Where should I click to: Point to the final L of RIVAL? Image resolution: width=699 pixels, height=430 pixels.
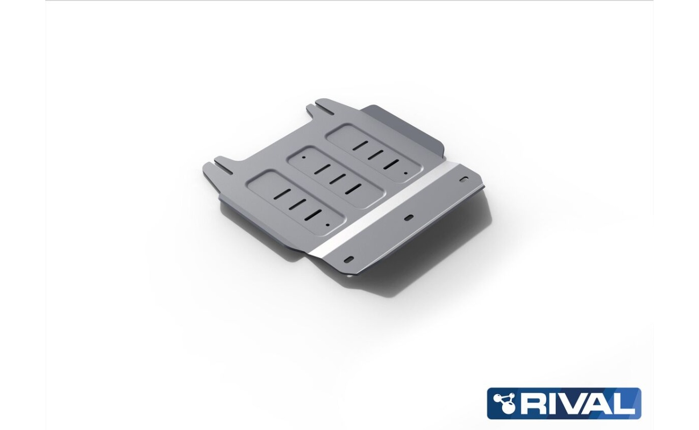tap(626, 404)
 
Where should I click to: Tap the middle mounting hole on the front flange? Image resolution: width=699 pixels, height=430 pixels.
tap(409, 218)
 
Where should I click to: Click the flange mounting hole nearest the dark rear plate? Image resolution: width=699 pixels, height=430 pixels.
tap(464, 179)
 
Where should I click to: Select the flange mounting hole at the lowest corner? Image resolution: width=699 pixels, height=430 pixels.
tap(349, 259)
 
